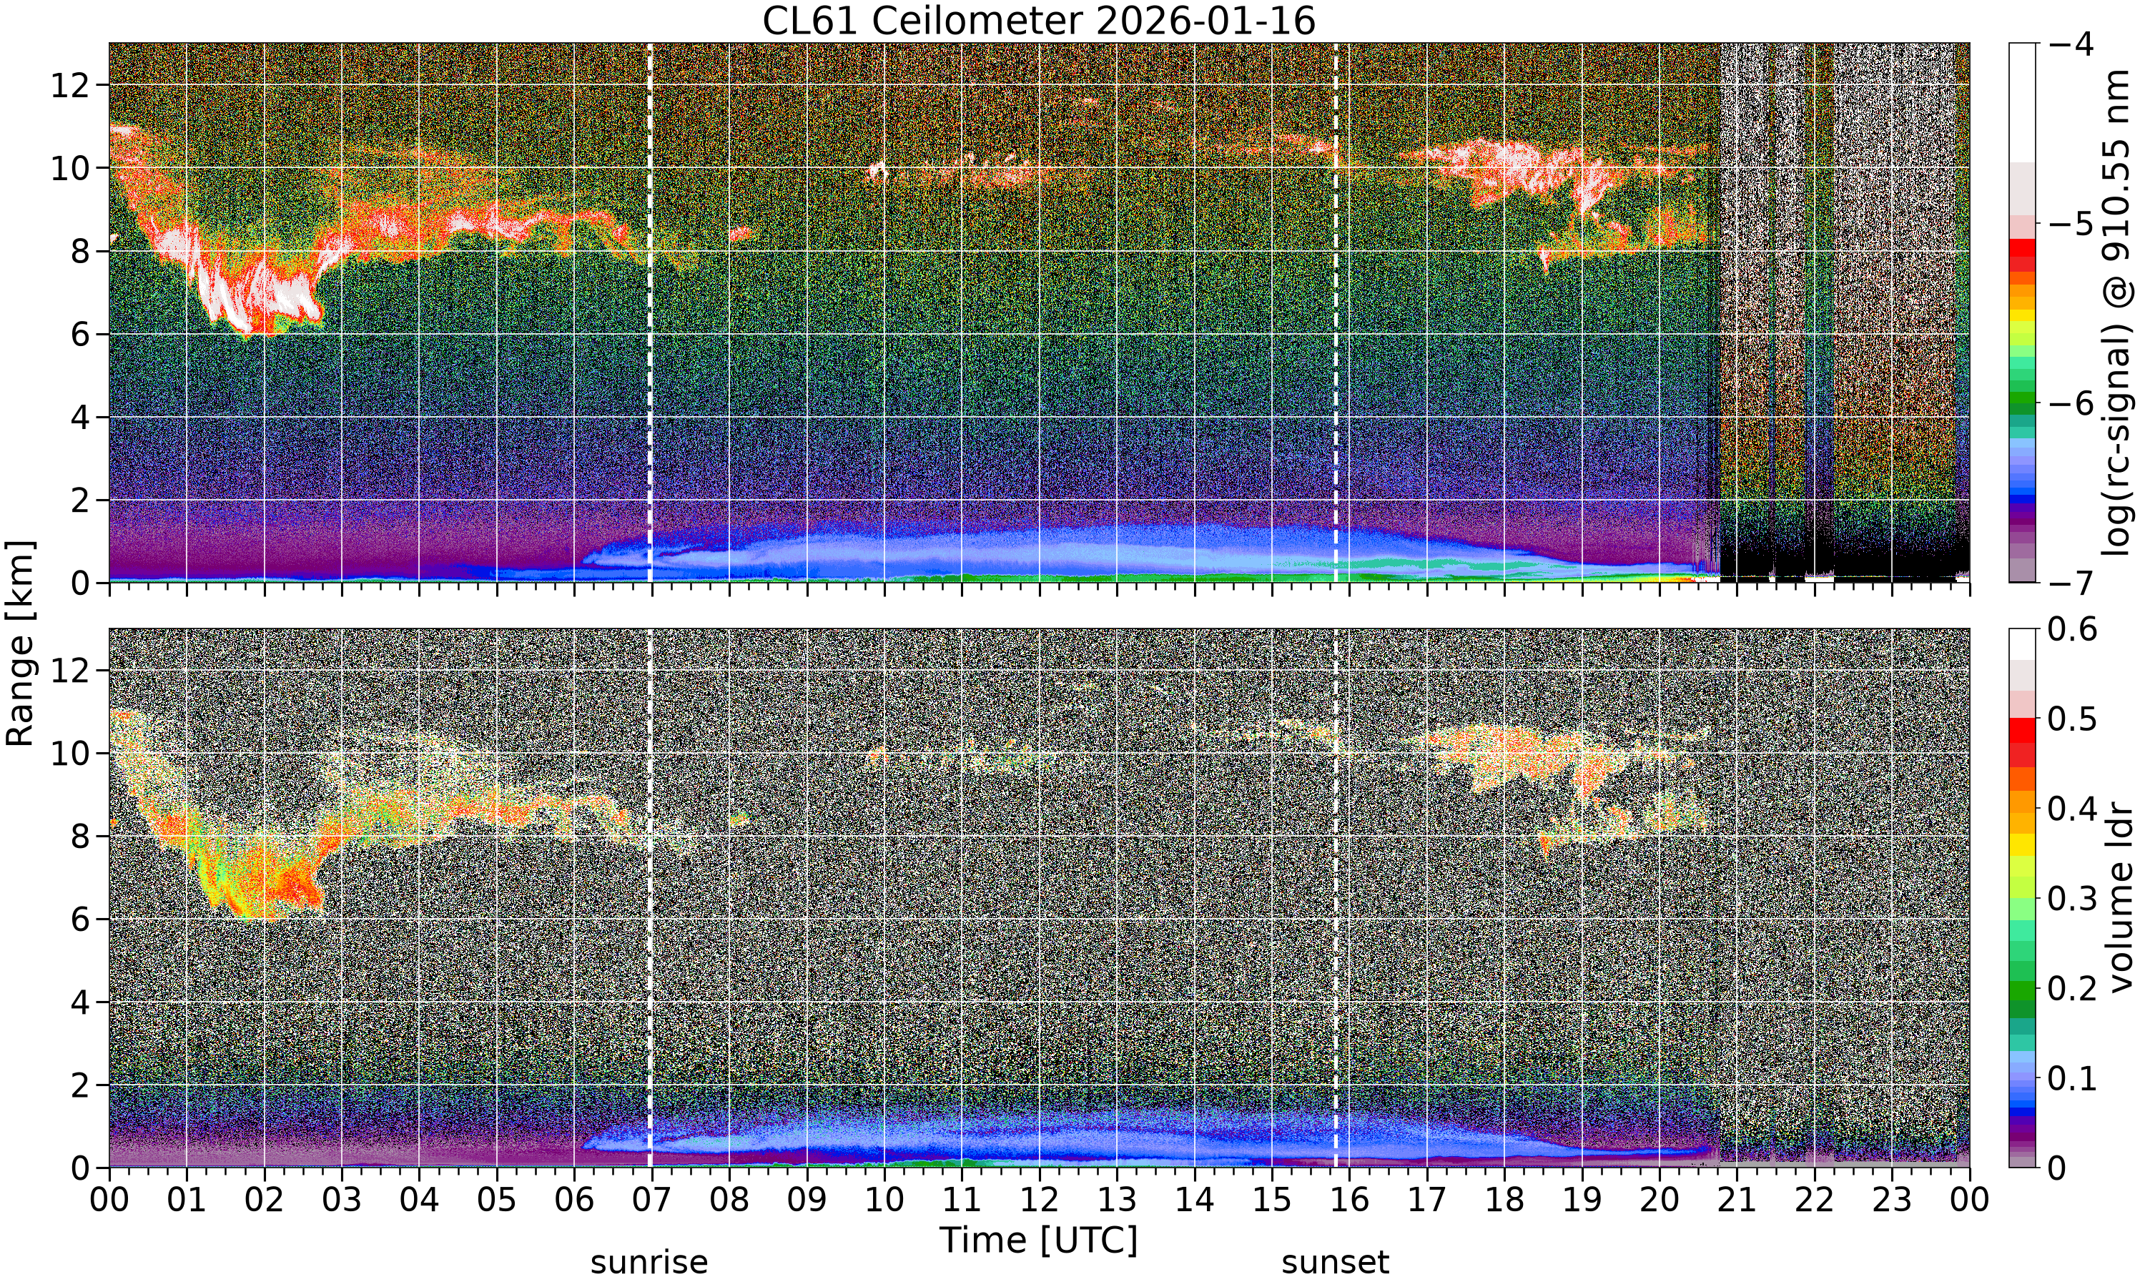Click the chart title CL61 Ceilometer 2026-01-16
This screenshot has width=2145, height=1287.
pyautogui.click(x=1039, y=21)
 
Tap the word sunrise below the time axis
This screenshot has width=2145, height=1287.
pyautogui.click(x=649, y=1262)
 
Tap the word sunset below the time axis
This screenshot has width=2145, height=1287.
pyautogui.click(x=1335, y=1262)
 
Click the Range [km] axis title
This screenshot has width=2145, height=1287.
pyautogui.click(x=20, y=643)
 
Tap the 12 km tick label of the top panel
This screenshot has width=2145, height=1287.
pyautogui.click(x=70, y=85)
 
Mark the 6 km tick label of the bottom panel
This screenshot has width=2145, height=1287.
pyautogui.click(x=81, y=919)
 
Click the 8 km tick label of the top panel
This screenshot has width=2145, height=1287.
pyautogui.click(x=81, y=252)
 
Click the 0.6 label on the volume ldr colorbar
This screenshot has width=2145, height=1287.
pyautogui.click(x=2072, y=628)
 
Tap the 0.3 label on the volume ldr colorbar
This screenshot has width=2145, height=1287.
pyautogui.click(x=2072, y=899)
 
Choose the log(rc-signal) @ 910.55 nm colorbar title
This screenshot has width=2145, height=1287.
pyautogui.click(x=2116, y=312)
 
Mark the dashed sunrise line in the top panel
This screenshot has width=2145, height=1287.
pyautogui.click(x=650, y=312)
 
